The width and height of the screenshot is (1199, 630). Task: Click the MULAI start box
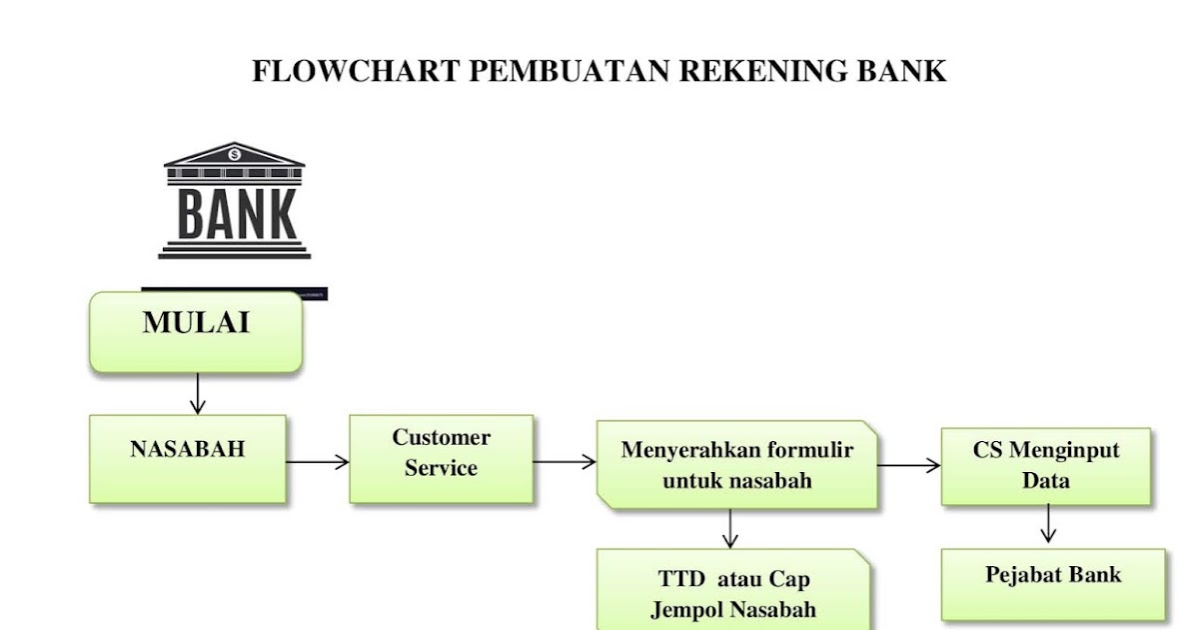[x=196, y=332]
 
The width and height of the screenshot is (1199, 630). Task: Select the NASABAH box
[x=188, y=459]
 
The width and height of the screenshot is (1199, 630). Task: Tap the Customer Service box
[x=441, y=459]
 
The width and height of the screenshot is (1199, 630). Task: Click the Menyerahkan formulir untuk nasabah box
[x=737, y=465]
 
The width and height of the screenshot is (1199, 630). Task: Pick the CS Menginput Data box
[x=1046, y=466]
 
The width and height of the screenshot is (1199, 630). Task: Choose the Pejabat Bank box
[x=1053, y=584]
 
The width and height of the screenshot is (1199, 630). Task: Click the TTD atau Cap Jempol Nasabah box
[x=734, y=592]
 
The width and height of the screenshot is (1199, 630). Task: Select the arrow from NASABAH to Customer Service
[x=318, y=461]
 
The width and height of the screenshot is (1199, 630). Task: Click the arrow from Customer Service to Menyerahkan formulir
[x=565, y=462]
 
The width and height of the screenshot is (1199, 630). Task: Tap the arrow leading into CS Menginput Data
[x=909, y=465]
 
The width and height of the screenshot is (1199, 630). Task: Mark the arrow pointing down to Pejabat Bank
[x=1047, y=523]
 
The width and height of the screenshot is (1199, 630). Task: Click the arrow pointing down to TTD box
[x=730, y=528]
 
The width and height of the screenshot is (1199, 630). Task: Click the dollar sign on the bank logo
[x=235, y=155]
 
